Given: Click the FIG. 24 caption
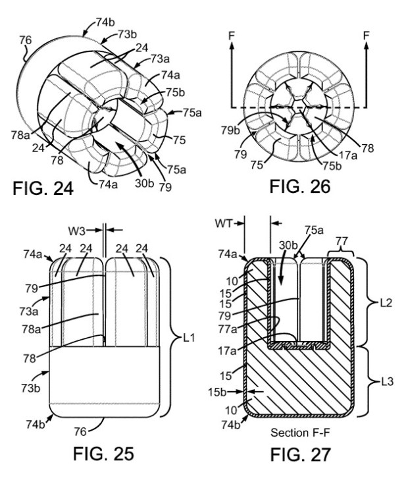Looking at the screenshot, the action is [43, 188].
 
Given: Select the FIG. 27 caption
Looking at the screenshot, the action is [300, 454].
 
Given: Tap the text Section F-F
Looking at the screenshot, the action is [300, 433].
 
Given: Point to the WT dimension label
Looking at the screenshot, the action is [224, 223].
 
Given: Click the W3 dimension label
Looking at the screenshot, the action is [77, 231].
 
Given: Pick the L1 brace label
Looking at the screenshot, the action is [190, 338].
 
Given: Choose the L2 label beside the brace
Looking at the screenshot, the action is [386, 303].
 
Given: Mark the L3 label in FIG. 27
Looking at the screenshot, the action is [387, 382].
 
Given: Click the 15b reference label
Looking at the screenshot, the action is [217, 392].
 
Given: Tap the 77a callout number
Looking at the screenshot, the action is [228, 329].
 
